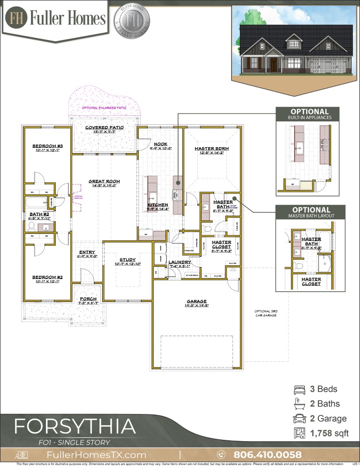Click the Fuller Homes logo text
point(68,18)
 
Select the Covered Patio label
point(104,128)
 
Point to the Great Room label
point(105,181)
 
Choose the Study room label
point(127,259)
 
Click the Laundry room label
point(180,262)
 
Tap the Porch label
point(88,299)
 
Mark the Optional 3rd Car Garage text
point(265,314)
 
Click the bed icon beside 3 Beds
point(298,389)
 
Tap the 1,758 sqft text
point(329,434)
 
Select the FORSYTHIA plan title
point(75,427)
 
